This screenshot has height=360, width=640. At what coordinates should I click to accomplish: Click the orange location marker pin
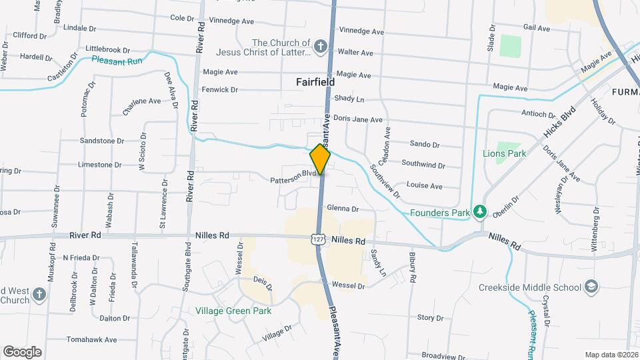320,159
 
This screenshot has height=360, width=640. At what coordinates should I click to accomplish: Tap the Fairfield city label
315,82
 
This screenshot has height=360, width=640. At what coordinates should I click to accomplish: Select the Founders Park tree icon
479,213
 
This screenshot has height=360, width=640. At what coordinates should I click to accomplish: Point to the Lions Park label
504,153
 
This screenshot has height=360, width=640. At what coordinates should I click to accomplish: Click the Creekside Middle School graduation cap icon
591,287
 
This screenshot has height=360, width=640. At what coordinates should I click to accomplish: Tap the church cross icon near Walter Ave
321,47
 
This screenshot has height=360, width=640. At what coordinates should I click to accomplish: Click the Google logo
22,351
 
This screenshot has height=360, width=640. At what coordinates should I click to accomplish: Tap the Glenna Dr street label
343,209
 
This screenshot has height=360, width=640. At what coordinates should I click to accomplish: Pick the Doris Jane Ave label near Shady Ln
358,120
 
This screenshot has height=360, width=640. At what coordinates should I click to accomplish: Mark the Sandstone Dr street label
102,141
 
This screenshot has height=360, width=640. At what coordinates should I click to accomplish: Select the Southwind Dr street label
423,163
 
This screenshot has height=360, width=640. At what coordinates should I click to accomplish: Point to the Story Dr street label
430,318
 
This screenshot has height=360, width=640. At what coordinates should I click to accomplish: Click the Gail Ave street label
537,28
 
